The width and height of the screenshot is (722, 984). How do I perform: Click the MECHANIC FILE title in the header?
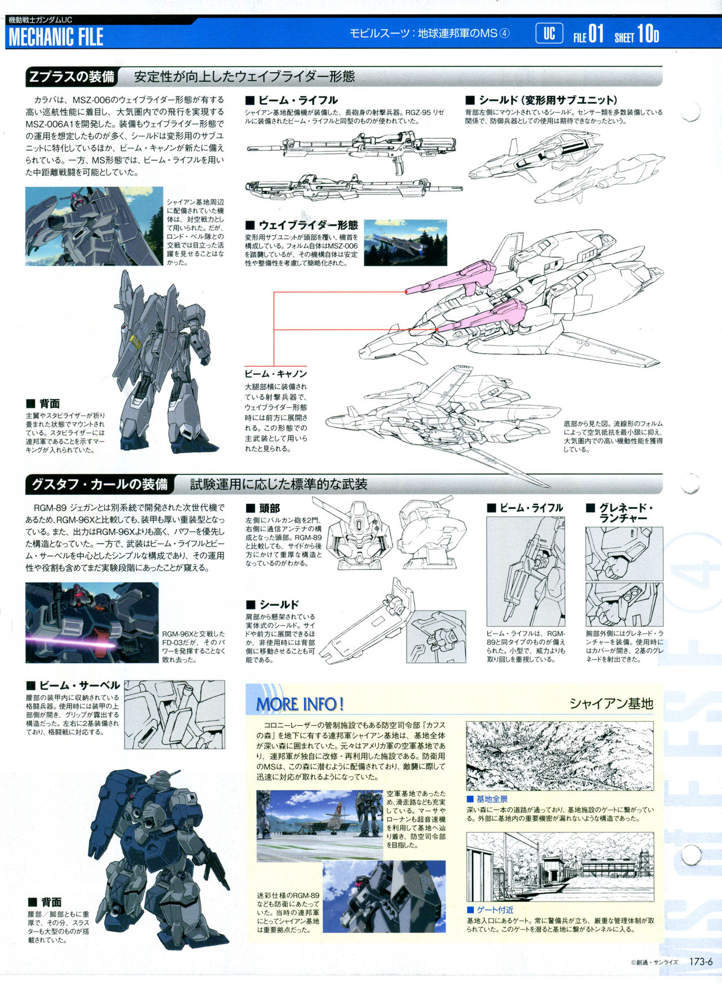click(56, 37)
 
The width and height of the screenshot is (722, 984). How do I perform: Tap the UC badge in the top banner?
click(549, 34)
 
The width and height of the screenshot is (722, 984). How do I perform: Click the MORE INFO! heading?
click(300, 704)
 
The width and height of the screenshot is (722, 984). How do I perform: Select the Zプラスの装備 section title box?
click(72, 77)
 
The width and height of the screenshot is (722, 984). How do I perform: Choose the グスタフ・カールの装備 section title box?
click(99, 484)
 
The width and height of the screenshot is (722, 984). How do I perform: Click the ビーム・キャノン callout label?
click(276, 374)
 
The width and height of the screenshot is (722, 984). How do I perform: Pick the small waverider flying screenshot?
click(406, 243)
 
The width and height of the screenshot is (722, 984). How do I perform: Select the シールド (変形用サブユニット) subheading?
click(541, 100)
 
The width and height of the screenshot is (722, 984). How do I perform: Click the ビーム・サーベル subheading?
click(73, 686)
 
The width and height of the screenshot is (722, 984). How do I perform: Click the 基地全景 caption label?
click(487, 799)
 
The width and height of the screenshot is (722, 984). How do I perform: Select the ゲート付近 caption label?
click(490, 910)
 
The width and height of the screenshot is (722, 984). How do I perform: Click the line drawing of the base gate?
click(560, 867)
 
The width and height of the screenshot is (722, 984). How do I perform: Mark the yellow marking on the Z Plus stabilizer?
click(136, 341)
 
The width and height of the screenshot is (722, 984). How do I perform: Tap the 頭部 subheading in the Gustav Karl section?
click(263, 508)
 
